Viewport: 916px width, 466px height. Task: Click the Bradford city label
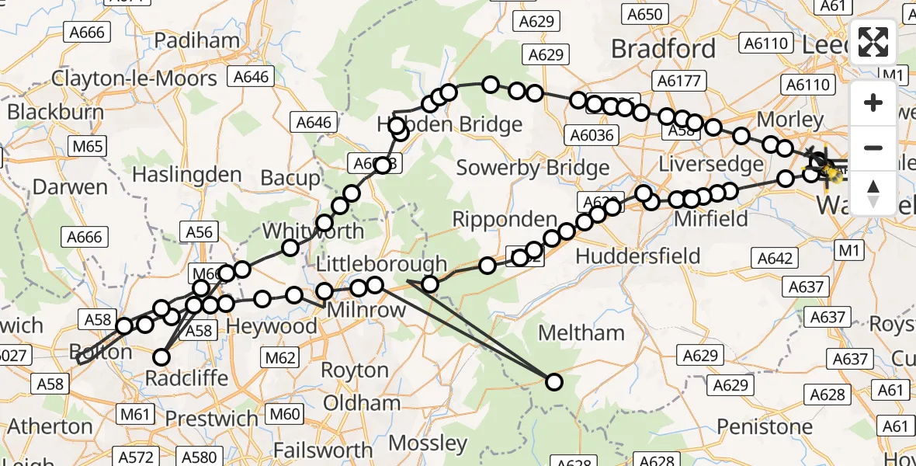(x=663, y=49)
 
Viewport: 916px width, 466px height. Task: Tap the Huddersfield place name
(x=637, y=256)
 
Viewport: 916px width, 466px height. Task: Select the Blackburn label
(x=55, y=112)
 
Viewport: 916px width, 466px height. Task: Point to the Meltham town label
(x=581, y=332)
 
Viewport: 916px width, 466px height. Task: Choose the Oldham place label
(x=362, y=402)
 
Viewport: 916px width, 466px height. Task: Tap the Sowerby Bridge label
(x=533, y=168)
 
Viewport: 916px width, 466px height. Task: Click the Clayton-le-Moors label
(x=134, y=78)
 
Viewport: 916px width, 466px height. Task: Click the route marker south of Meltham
(x=553, y=381)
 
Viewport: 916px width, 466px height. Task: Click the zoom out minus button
(x=873, y=148)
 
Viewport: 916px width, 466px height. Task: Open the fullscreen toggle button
(x=873, y=43)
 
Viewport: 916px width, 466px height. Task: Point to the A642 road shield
(x=774, y=259)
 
